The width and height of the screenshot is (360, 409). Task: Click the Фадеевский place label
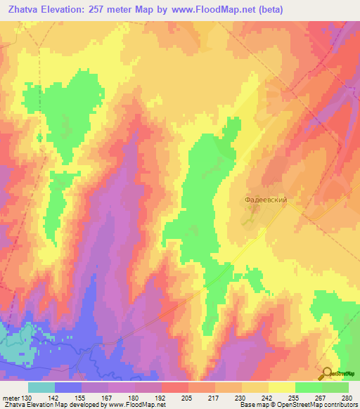266,200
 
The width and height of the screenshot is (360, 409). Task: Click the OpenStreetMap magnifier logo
326,373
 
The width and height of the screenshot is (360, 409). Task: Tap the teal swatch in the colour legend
41,387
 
